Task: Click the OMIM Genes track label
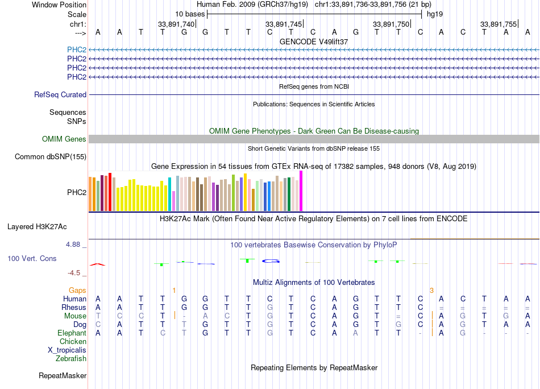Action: [64, 139]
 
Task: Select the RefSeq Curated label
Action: [60, 95]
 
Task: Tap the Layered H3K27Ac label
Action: [37, 226]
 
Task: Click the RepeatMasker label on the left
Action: [63, 375]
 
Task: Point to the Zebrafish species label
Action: [71, 359]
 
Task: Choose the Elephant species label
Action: [72, 333]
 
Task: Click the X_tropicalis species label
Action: [67, 350]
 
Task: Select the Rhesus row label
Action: [74, 308]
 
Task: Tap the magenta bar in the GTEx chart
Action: [301, 191]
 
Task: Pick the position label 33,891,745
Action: [284, 24]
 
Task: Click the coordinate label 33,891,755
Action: [499, 24]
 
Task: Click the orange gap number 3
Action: [432, 291]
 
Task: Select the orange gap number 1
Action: [174, 291]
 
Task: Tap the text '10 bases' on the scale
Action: [190, 13]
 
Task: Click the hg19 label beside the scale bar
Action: [435, 13]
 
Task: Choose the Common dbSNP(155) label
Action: [51, 157]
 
